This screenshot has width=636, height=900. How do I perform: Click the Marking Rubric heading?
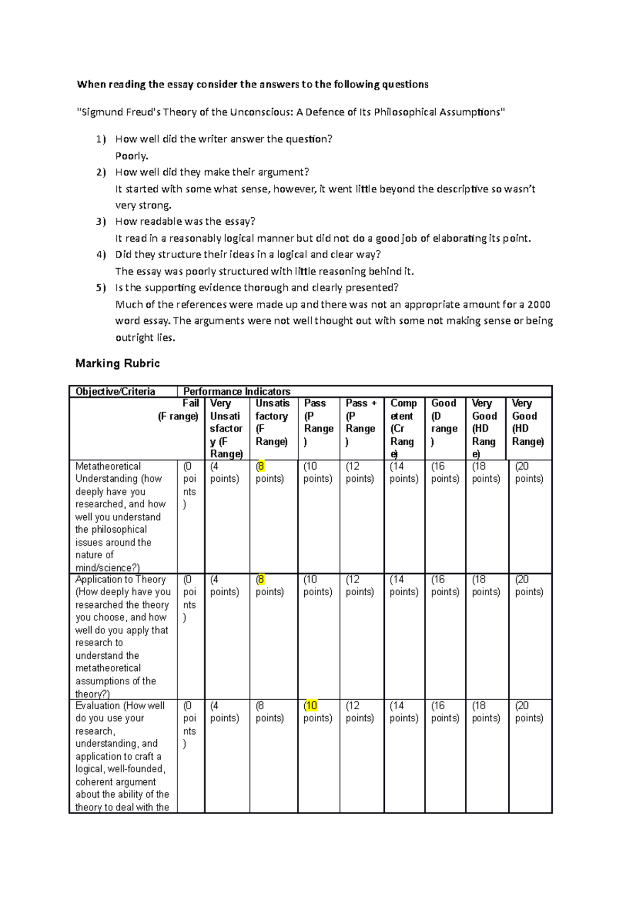[x=117, y=364]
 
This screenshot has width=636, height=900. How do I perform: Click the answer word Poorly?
[x=131, y=156]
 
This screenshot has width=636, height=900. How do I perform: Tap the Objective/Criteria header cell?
[x=115, y=392]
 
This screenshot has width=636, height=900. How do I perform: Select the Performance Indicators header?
[x=236, y=392]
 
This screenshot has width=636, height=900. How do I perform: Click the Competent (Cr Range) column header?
[x=403, y=428]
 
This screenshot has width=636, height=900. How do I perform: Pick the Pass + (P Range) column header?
[x=361, y=422]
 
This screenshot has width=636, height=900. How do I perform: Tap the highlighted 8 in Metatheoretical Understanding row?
[x=261, y=466]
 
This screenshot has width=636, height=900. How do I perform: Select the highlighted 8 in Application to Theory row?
[x=261, y=580]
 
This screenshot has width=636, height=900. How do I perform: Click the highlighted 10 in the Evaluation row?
[x=312, y=706]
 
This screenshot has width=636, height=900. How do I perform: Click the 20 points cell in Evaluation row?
[x=529, y=712]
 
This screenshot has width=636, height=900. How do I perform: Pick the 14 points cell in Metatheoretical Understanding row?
[x=403, y=472]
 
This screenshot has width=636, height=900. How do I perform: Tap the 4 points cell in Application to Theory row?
[x=224, y=586]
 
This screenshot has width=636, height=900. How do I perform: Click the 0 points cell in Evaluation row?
[x=189, y=724]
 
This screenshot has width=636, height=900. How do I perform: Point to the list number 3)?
[x=101, y=222]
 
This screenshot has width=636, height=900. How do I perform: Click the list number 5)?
[x=101, y=288]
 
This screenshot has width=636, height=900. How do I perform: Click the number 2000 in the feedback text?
[x=539, y=305]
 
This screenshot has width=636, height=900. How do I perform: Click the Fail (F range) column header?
[x=179, y=410]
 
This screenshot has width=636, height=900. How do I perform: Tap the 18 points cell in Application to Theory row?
[x=485, y=586]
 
